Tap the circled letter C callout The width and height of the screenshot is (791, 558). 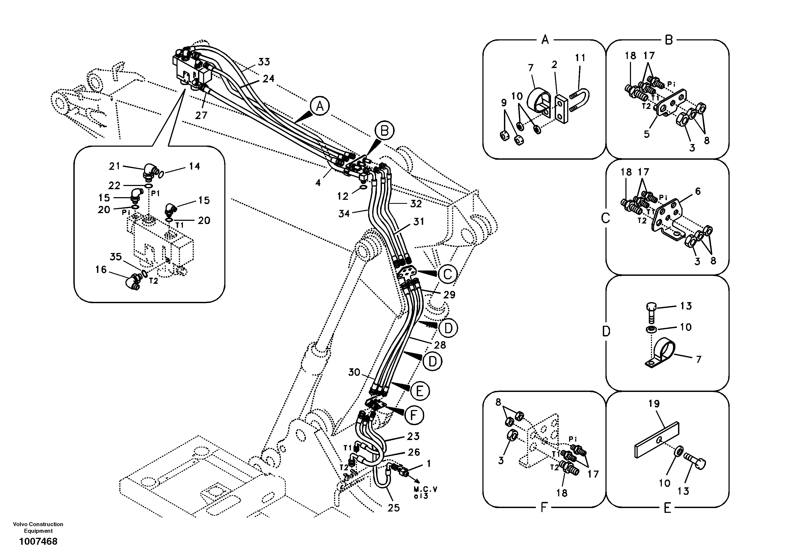(x=447, y=274)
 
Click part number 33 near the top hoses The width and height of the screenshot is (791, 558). (x=264, y=62)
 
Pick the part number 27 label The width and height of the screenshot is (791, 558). (x=201, y=115)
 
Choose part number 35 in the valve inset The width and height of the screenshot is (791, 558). (x=116, y=257)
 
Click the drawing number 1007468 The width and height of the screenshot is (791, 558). (x=38, y=542)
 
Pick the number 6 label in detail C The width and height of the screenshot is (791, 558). (x=698, y=191)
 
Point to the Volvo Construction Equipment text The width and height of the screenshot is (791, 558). (x=38, y=527)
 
